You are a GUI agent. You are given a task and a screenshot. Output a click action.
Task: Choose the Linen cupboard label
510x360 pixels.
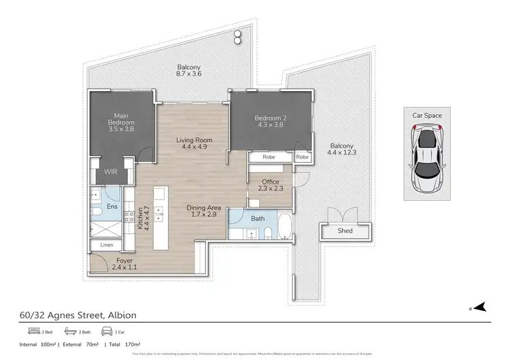point(105,244)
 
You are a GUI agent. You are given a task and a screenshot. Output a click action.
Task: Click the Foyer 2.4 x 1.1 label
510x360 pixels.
point(124,264)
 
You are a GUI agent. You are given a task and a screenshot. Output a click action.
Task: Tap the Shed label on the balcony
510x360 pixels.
point(345,231)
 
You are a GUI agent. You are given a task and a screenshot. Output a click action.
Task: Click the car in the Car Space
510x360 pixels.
point(426,158)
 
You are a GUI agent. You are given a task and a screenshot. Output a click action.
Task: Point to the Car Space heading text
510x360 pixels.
point(426,116)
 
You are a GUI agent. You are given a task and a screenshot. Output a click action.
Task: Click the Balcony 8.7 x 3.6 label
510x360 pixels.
point(188,71)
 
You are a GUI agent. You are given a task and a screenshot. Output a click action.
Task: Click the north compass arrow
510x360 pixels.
point(480,307)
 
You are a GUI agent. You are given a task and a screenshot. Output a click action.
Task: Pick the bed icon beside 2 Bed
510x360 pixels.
point(33,331)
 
